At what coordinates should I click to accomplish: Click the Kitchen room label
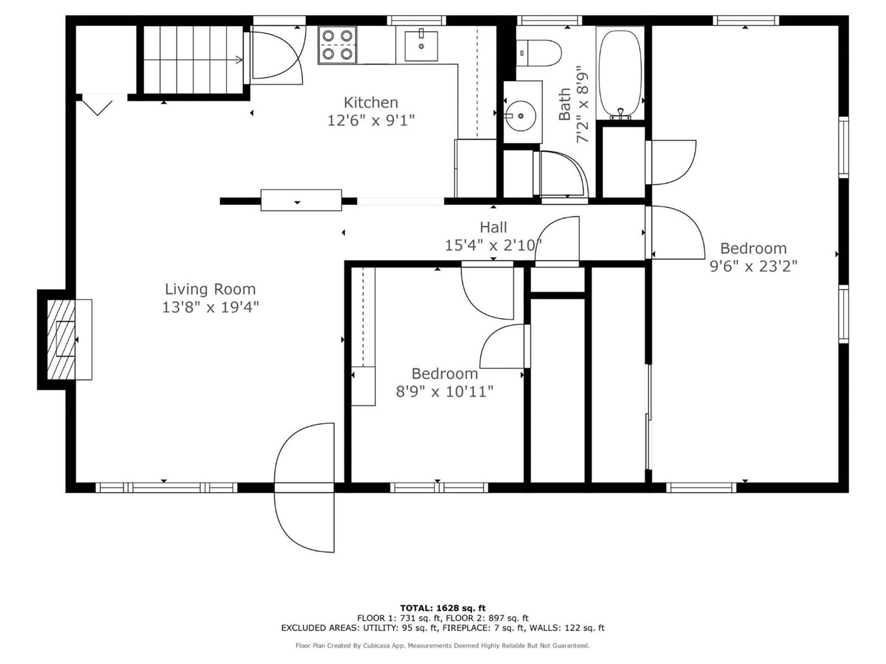click(x=371, y=102)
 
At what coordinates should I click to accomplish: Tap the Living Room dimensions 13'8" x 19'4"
click(x=210, y=307)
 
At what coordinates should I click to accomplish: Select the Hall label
click(x=493, y=228)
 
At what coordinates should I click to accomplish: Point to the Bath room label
click(x=565, y=104)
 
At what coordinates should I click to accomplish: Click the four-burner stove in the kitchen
click(x=337, y=45)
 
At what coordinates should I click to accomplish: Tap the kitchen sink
click(x=421, y=46)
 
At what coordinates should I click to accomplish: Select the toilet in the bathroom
click(x=539, y=53)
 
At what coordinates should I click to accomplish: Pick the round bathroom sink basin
click(x=521, y=116)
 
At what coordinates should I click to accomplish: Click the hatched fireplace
click(x=61, y=340)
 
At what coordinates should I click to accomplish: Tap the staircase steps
click(x=193, y=59)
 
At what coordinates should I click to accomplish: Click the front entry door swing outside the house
click(x=304, y=522)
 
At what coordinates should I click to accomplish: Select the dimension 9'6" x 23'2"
click(x=754, y=266)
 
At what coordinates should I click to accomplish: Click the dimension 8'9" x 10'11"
click(x=444, y=391)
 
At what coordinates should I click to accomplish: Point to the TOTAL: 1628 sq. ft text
click(x=443, y=608)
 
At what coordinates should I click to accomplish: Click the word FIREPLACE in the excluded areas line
click(x=465, y=628)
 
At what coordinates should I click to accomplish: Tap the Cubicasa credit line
click(x=442, y=646)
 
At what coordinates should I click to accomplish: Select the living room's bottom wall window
click(x=166, y=488)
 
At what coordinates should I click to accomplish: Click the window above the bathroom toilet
click(x=549, y=21)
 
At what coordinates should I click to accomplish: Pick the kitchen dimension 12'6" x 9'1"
click(x=371, y=120)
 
